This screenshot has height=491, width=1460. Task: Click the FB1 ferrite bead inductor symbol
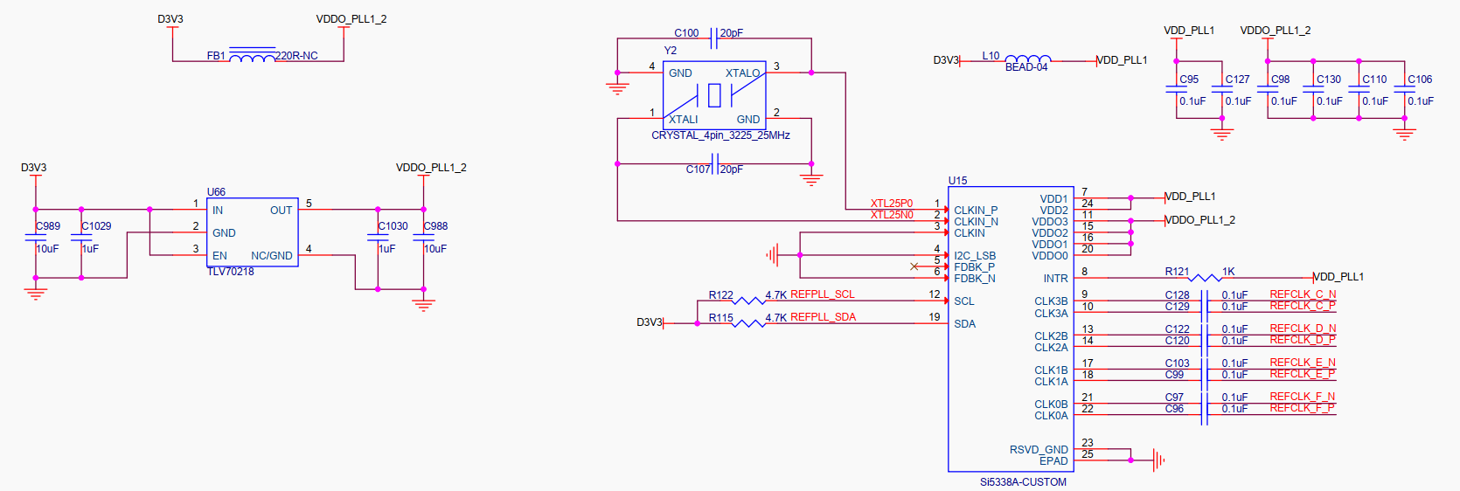click(x=253, y=56)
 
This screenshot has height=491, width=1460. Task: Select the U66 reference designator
click(x=216, y=192)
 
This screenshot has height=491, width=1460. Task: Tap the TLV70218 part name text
click(x=230, y=272)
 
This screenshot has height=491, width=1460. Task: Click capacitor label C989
click(x=47, y=226)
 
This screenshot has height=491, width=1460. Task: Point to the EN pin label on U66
click(x=219, y=256)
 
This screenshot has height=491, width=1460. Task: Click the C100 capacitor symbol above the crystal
click(x=713, y=38)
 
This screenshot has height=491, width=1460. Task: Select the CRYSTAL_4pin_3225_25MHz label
click(x=720, y=135)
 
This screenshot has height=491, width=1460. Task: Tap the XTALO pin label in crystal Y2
click(x=742, y=73)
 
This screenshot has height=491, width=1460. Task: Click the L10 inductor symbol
click(x=1028, y=59)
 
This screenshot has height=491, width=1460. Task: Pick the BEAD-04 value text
click(x=1025, y=67)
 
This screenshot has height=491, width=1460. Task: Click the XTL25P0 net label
click(x=892, y=204)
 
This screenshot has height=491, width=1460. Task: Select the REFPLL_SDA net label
click(x=824, y=317)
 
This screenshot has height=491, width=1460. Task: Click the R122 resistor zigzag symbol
click(x=748, y=301)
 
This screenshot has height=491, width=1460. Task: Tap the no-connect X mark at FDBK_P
click(x=914, y=266)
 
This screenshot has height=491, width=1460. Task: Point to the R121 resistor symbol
click(x=1205, y=278)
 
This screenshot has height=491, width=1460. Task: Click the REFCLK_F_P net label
click(x=1303, y=408)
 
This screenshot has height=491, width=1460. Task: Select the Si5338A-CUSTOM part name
click(x=1023, y=482)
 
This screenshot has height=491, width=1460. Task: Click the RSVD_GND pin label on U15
click(x=1039, y=449)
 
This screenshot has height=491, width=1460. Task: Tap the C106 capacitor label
click(x=1420, y=80)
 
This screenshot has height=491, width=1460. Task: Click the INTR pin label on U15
click(x=1055, y=279)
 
